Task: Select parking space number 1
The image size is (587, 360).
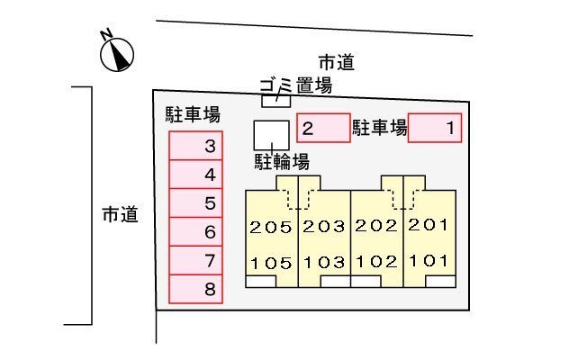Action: click(434, 128)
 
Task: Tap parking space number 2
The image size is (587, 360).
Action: click(323, 128)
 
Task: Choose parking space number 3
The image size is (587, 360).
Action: click(195, 146)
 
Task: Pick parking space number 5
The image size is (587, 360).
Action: click(195, 202)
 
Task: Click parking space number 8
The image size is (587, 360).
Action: click(195, 289)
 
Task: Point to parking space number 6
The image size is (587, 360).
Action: click(195, 231)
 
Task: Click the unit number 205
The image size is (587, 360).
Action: click(271, 228)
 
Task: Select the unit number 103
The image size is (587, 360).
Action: click(324, 263)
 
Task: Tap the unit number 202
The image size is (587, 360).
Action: click(376, 226)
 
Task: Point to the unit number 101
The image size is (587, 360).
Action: click(429, 261)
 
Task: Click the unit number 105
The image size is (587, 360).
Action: click(271, 264)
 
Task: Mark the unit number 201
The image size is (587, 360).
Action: click(429, 225)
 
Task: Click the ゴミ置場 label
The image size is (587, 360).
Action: click(295, 85)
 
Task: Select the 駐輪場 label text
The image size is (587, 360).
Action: click(282, 162)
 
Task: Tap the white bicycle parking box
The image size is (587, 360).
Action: click(271, 135)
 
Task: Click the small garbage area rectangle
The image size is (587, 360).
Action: click(275, 102)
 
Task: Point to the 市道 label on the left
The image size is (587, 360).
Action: click(120, 215)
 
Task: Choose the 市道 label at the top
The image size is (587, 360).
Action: click(337, 62)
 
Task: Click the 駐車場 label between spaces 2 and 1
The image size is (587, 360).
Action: click(380, 128)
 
